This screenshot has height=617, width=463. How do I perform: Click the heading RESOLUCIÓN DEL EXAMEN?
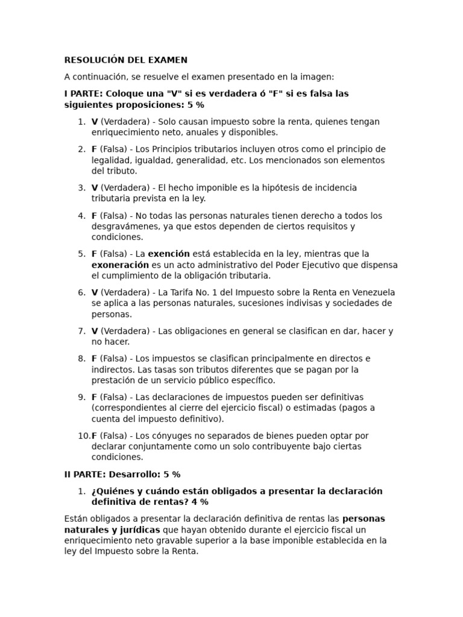pyautogui.click(x=125, y=60)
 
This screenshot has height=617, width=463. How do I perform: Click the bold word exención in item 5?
pyautogui.click(x=169, y=254)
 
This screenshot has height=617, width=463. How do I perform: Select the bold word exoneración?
pyautogui.click(x=120, y=265)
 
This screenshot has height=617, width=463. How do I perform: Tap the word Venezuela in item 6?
pyautogui.click(x=373, y=292)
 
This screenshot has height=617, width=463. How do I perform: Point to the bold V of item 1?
pyautogui.click(x=95, y=122)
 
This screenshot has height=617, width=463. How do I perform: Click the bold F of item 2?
pyautogui.click(x=94, y=149)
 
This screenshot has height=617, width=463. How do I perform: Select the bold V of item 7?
pyautogui.click(x=95, y=331)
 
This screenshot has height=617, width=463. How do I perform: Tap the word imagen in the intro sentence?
pyautogui.click(x=317, y=77)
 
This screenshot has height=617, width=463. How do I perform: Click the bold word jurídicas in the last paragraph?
pyautogui.click(x=140, y=530)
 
